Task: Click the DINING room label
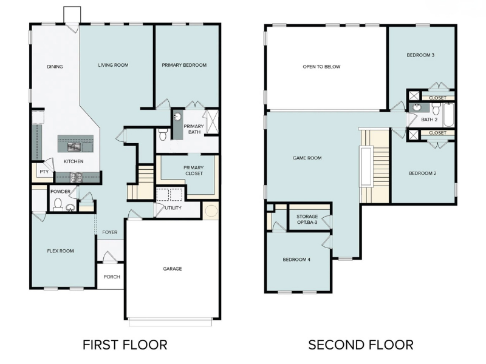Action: click(x=55, y=67)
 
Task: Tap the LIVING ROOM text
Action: click(x=113, y=65)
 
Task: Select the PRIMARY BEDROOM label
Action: click(x=184, y=65)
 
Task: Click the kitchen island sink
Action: click(x=75, y=146)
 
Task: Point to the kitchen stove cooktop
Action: click(x=77, y=177)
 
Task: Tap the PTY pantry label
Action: click(x=44, y=172)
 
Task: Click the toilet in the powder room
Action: click(x=58, y=204)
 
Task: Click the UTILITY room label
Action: click(x=173, y=208)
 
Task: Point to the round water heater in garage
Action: click(x=211, y=212)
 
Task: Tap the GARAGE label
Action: click(x=172, y=269)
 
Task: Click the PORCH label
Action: click(x=112, y=277)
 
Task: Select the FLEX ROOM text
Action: click(x=61, y=251)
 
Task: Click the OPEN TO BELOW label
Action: click(x=321, y=67)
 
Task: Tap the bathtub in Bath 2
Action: click(x=449, y=115)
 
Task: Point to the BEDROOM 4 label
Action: click(x=296, y=260)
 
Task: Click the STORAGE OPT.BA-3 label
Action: click(x=307, y=220)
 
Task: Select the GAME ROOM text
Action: click(x=307, y=158)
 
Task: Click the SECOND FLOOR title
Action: click(x=360, y=345)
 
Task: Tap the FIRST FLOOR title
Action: click(x=125, y=345)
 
